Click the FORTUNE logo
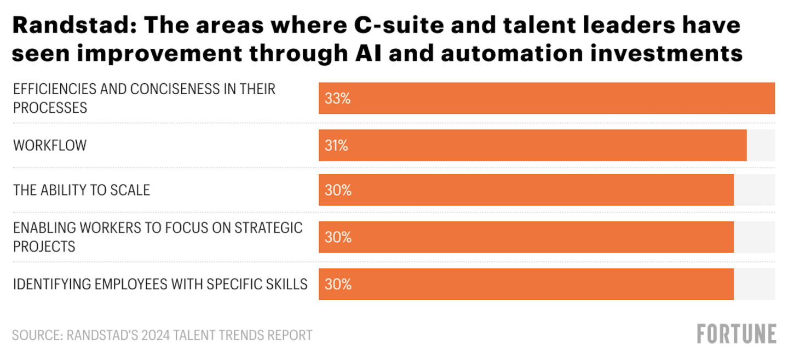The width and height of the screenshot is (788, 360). [737, 334]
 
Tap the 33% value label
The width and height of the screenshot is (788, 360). [337, 99]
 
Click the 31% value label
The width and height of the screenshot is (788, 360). [336, 146]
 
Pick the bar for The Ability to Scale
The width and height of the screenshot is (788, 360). [526, 190]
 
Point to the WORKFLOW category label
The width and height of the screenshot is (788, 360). [50, 146]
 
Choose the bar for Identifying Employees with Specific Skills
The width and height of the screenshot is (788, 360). [526, 284]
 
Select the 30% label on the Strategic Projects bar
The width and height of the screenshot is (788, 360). [337, 237]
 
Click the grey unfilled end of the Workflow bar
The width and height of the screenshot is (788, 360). [761, 145]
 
